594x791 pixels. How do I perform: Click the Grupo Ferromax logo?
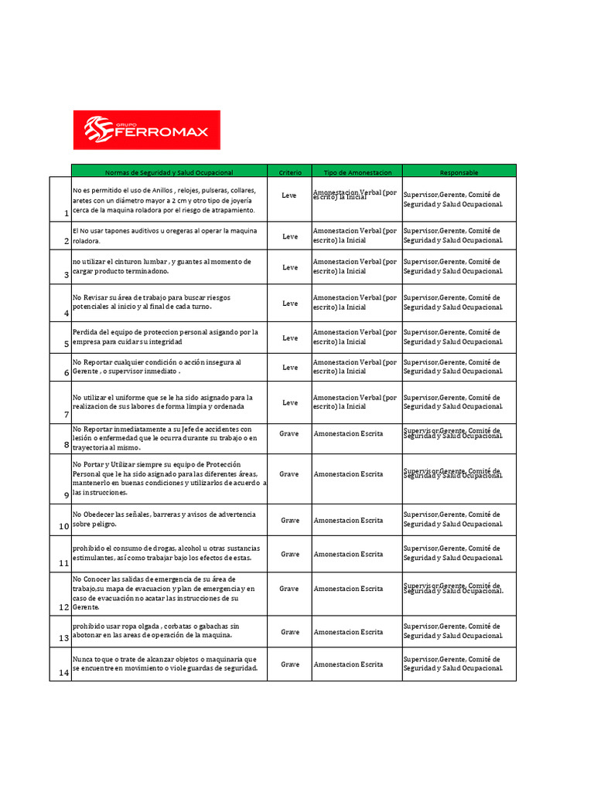[146, 130]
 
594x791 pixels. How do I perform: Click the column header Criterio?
[289, 171]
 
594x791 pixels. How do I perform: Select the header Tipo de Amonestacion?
[357, 171]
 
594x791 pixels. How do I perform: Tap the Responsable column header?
[459, 171]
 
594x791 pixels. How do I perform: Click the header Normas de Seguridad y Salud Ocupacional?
[169, 171]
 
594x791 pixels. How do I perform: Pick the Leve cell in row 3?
[289, 267]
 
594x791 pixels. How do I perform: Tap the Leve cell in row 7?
[289, 402]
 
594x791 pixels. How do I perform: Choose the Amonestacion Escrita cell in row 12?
[348, 589]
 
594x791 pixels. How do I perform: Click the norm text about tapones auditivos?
[165, 235]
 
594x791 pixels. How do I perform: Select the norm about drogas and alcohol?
[166, 552]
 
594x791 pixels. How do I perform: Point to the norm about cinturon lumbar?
[161, 266]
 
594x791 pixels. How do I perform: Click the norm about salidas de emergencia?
[166, 592]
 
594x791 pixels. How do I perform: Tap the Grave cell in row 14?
[289, 664]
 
